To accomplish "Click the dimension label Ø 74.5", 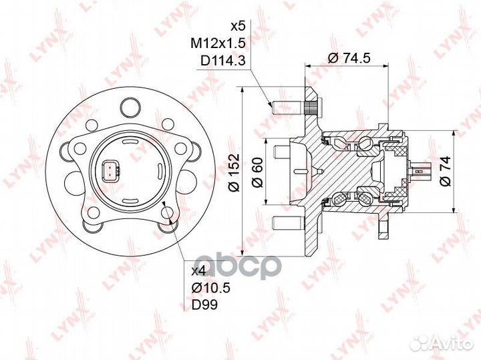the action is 349,57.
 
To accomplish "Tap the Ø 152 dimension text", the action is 234,172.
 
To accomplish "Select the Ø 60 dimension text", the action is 258,172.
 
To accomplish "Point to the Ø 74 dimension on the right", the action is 445,171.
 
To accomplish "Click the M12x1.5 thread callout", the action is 218,44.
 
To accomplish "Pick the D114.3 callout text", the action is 223,61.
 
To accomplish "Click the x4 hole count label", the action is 199,271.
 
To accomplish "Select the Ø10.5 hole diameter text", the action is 210,288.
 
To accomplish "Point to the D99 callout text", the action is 204,305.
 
